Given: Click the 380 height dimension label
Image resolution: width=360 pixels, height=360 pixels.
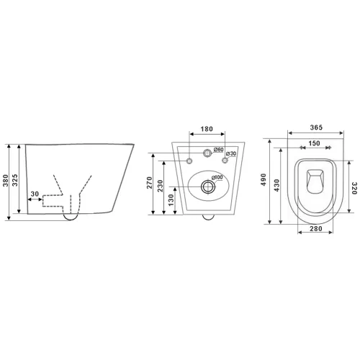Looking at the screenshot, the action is tap(6, 181).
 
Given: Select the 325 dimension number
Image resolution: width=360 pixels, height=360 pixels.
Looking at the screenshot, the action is tap(15, 181).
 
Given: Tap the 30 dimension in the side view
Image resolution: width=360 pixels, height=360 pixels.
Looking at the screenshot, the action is tap(35, 194).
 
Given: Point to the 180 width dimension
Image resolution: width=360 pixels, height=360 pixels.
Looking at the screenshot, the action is tap(207, 129).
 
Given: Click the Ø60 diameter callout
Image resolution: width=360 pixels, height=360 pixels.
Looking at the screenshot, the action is tap(219, 150).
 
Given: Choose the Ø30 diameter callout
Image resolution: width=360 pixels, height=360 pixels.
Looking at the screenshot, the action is tap(232, 153).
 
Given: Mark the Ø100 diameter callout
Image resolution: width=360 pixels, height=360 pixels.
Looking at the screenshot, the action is tap(217, 178).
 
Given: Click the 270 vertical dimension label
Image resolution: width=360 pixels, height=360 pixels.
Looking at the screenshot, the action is tap(150, 182).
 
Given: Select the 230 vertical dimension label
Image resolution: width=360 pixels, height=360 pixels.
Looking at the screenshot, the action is tap(161, 186).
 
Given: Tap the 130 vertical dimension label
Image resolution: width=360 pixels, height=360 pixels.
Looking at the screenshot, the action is tap(171, 200).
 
